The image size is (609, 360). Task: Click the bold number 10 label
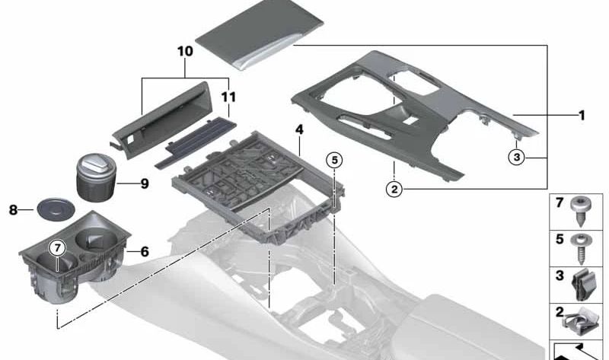185,51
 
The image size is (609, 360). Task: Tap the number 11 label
228,97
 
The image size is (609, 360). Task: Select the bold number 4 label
299,129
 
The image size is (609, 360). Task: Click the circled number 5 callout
335,160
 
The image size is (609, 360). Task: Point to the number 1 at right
582,116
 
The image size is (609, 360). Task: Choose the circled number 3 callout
517,158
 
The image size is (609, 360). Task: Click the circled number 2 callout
394,190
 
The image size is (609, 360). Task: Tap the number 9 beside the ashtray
145,183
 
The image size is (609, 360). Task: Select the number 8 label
13,211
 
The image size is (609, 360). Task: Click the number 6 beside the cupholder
145,252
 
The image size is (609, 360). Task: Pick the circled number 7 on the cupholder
58,247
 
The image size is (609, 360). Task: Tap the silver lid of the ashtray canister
97,163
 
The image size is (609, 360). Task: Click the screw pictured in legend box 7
581,211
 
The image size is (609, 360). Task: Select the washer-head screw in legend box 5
581,249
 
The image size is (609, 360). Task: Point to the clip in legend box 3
580,285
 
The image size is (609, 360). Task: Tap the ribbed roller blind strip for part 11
196,142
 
